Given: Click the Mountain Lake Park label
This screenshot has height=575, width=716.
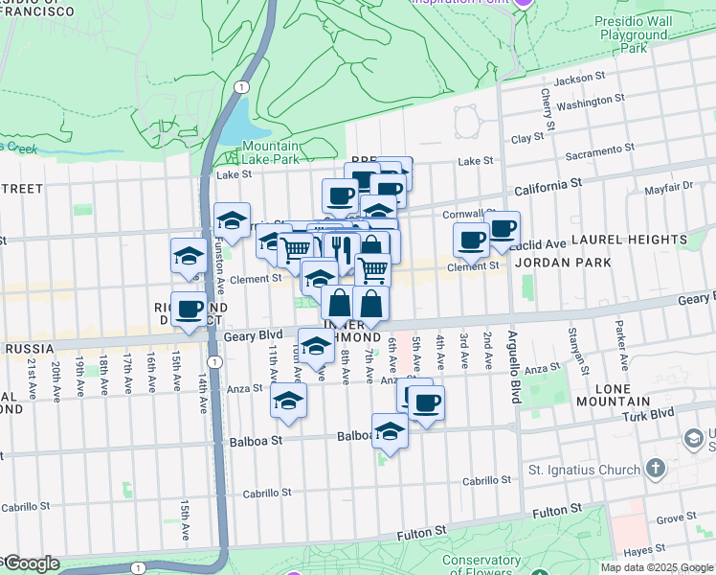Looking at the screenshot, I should coord(258,153).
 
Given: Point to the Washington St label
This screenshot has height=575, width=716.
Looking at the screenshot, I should coord(590,100).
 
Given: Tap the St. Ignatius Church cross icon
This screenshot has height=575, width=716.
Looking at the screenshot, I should coord(655,469).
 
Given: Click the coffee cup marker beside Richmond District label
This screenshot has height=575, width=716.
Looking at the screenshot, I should coord(190,308).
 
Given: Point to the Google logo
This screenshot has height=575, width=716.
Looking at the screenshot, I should coord(31,563).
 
